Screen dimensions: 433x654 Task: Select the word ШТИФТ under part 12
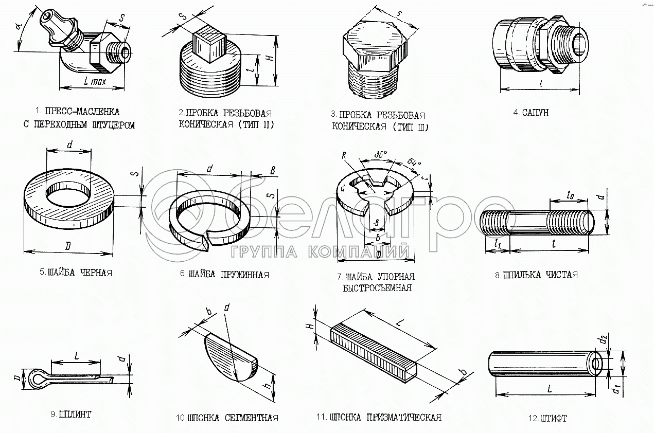click(556, 418)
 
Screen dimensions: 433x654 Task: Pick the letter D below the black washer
click(67, 246)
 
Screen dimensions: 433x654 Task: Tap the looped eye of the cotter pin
click(37, 378)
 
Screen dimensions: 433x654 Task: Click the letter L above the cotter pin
click(76, 355)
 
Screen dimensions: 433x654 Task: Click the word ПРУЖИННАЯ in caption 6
click(243, 275)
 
